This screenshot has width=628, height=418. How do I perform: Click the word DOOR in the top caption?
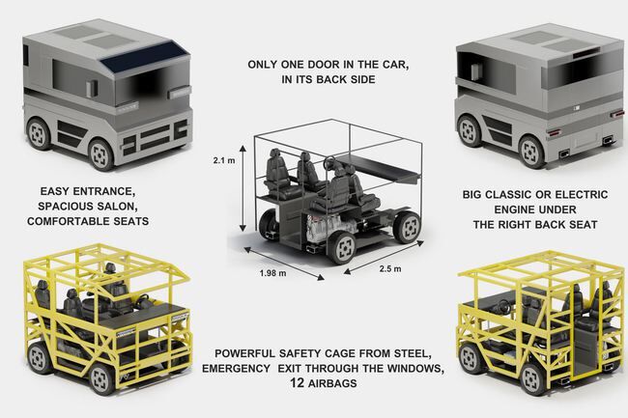click(318, 66)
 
